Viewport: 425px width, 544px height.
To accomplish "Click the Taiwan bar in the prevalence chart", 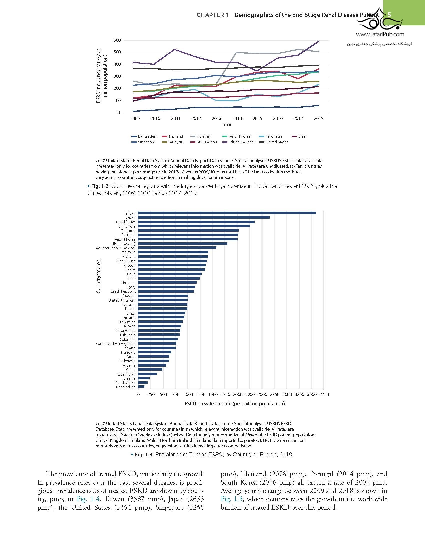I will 227,213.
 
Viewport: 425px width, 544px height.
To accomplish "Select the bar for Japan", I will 204,217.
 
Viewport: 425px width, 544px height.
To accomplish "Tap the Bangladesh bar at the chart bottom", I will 141,387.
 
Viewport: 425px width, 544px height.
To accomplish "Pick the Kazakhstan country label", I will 126,374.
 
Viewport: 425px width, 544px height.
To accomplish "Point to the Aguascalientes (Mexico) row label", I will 115,248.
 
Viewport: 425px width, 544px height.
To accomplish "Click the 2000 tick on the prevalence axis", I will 238,394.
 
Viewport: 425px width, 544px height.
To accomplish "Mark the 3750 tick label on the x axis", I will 324,394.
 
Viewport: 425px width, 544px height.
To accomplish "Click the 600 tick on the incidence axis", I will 117,40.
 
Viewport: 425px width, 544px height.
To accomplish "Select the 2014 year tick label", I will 237,118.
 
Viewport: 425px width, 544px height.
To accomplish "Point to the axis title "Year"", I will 227,124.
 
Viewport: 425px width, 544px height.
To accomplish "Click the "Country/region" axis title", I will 98,276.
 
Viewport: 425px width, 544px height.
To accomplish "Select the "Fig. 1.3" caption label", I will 100,186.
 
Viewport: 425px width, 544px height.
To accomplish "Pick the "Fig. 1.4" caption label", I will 143,455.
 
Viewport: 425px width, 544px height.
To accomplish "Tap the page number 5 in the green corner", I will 389,15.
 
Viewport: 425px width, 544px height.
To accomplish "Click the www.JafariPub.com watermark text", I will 380,34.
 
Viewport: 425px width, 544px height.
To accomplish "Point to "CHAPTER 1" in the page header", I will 212,15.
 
